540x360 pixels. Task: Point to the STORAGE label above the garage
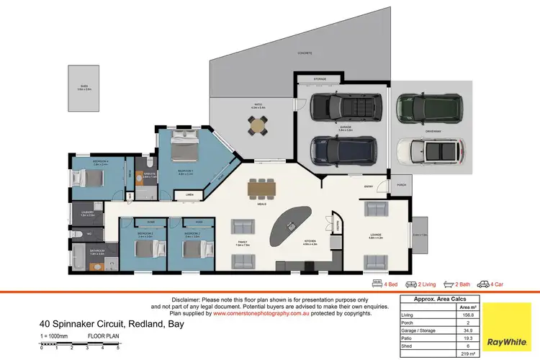point(320,79)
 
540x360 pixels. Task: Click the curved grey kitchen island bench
point(290,225)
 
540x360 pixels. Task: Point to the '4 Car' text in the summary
point(495,284)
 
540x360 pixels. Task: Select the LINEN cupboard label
point(189,194)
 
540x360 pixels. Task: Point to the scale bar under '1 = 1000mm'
point(79,345)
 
